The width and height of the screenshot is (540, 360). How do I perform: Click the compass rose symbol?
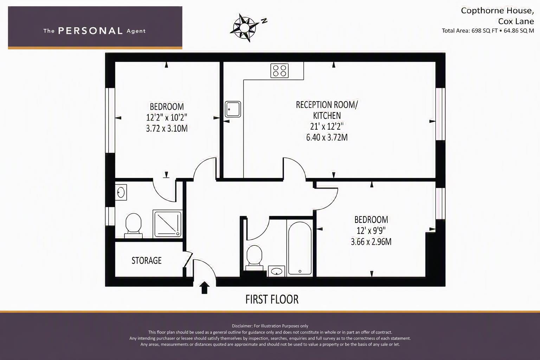244,27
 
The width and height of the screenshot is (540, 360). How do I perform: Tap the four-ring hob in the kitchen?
279,71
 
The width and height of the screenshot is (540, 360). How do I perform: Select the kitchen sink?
233,109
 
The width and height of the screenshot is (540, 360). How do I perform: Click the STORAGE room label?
147,261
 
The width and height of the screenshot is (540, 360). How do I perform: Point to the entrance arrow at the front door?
204,288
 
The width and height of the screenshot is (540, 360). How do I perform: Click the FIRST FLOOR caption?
272,299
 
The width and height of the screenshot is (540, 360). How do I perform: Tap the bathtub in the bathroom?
300,248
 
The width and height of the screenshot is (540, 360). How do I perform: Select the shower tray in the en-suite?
168,224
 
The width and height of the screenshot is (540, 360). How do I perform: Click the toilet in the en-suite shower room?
133,226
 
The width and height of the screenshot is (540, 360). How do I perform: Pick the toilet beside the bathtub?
254,258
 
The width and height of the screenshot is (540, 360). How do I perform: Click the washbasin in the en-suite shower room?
121,192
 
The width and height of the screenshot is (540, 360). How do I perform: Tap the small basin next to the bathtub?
277,271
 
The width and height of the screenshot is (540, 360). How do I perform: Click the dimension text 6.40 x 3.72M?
327,137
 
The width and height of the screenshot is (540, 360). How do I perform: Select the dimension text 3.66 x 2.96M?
371,242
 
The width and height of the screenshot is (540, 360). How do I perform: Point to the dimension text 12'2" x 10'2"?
167,117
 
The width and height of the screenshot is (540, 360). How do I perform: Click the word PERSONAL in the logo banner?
90,31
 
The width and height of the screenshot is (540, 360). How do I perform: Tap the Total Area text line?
488,31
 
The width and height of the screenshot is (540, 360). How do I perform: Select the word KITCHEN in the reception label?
327,116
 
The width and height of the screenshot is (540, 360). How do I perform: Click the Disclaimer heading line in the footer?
270,326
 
